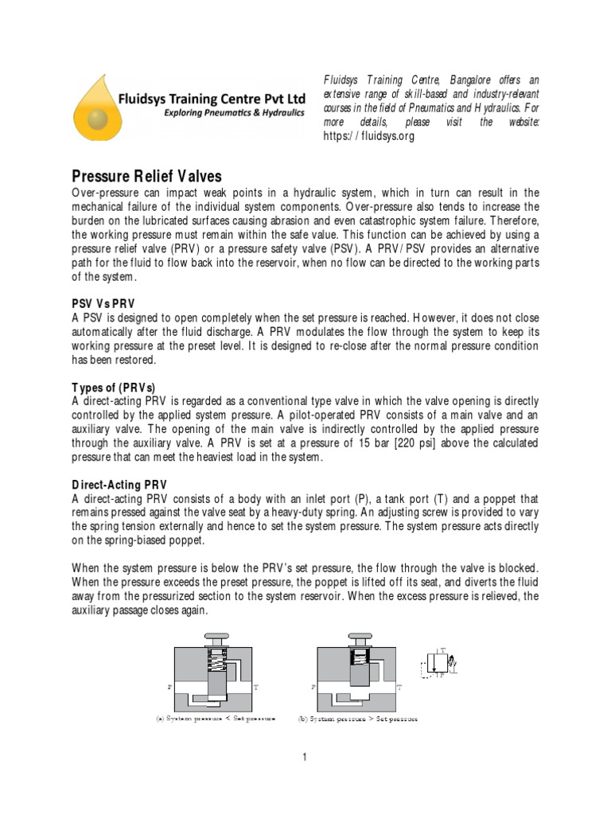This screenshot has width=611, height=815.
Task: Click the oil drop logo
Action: (x=96, y=107)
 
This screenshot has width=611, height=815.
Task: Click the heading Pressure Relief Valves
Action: (x=147, y=175)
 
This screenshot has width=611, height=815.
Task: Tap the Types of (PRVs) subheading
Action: (x=113, y=387)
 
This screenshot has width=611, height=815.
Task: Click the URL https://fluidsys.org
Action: (x=369, y=136)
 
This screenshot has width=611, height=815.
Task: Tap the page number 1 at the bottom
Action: (x=305, y=757)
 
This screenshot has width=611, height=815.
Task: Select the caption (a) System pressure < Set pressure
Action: (x=216, y=719)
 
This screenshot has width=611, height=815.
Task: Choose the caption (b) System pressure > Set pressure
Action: (x=358, y=719)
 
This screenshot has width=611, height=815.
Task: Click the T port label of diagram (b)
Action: (x=399, y=685)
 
